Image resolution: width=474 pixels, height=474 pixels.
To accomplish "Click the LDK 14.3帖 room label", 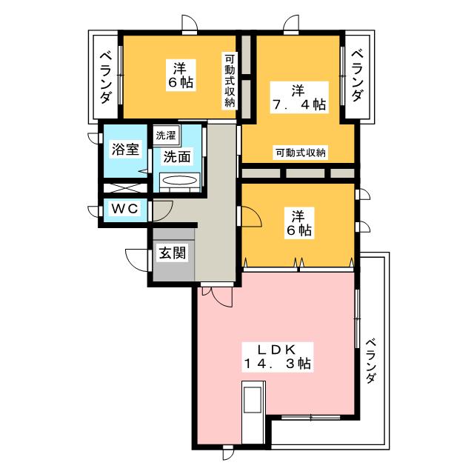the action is pos(277,357).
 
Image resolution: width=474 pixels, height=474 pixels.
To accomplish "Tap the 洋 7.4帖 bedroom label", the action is pos(299,97).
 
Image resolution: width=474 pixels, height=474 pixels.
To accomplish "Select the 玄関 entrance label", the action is pos(173,253).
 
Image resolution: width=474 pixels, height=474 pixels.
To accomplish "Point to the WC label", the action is pos(125,209).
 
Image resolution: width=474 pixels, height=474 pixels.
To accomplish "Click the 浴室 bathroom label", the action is pos(125,149).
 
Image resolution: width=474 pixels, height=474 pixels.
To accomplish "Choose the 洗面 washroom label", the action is pos(177,157).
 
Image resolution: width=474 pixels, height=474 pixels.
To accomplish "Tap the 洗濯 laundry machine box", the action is pos(166,135).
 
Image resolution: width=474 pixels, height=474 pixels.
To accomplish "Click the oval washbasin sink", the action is pos(179,181).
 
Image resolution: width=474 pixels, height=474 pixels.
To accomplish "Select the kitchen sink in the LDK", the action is pos(253,399).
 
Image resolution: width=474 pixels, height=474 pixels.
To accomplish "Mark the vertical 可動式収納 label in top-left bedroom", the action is pos(230,80).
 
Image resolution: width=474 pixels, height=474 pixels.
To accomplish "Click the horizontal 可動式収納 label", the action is pos(301,153).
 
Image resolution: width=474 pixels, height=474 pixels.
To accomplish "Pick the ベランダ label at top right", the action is pos(357,76).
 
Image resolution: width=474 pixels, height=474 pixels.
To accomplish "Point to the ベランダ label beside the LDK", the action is pos(372,361).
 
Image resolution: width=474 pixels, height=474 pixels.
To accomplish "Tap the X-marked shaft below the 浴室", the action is pos(125,188).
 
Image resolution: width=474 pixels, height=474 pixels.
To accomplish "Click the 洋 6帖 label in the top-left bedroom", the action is pos(181,76).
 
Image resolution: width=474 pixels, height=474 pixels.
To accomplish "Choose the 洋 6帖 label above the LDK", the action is pos(299,223).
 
